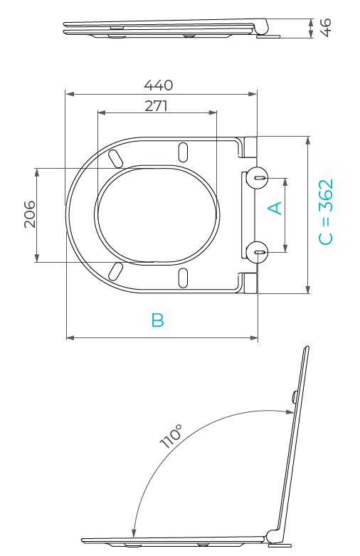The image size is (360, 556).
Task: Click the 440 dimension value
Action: click(x=159, y=85)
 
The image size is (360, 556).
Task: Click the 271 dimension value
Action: click(x=156, y=105)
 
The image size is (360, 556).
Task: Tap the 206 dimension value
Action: click(x=30, y=214)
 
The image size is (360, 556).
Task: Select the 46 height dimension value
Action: click(x=325, y=28)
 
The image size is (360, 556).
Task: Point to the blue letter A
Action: click(x=275, y=208)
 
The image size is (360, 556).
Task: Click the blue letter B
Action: click(x=157, y=320)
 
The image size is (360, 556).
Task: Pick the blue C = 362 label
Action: click(x=326, y=212)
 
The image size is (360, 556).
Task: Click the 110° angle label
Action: click(x=171, y=436)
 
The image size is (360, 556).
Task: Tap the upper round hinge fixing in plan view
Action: click(x=258, y=177)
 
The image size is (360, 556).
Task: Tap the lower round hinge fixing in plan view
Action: click(x=258, y=252)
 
